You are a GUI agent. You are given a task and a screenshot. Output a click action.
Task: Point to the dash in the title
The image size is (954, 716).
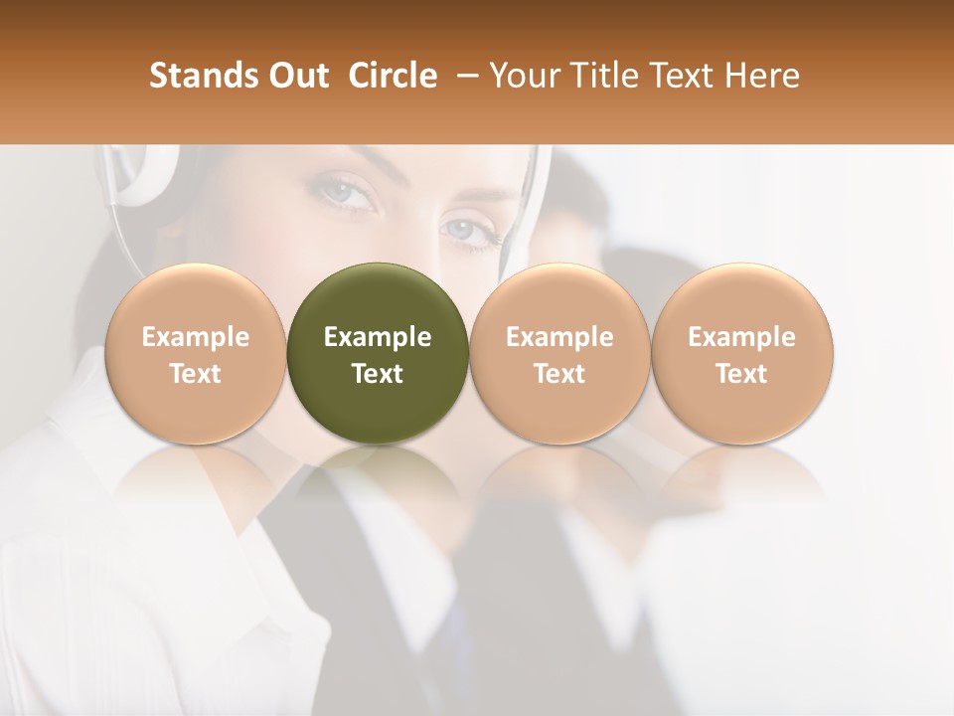coord(463,76)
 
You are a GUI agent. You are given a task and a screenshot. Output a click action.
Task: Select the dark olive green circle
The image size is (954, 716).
coord(378,353)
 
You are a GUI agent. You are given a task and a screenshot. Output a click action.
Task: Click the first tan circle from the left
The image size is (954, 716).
coord(196,353)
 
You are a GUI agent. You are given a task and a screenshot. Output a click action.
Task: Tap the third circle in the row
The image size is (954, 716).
coord(559,353)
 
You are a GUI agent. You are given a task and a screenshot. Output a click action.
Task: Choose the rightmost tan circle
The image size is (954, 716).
coord(742,353)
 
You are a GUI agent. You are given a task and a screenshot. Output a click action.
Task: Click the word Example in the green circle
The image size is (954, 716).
coord(378,337)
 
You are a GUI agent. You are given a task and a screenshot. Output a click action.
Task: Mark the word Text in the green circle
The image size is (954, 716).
coord(378,374)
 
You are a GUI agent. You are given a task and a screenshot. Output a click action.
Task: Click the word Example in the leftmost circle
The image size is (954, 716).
coord(196,337)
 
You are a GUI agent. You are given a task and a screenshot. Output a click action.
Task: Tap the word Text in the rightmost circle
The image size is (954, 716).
coord(742,374)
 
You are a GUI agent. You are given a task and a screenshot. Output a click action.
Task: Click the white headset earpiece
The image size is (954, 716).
coord(139,174)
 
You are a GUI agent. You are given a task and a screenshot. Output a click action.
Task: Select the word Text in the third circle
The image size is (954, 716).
coord(559,374)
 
